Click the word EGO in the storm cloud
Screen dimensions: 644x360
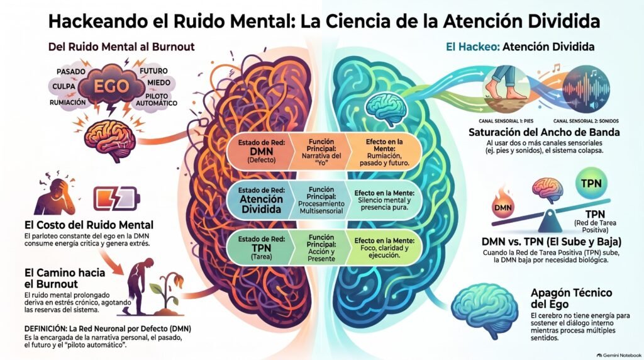point(111,86)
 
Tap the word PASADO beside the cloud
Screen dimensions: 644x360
point(71,72)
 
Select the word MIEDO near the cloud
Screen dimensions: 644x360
point(159,82)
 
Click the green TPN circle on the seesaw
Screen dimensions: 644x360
point(591,183)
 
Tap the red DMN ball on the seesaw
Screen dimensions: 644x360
point(503,208)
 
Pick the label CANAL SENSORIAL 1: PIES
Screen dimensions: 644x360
point(506,121)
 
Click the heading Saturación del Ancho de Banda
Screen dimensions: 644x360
point(544,132)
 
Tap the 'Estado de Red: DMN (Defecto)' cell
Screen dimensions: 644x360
point(261,151)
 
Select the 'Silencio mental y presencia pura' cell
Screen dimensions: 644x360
point(384,200)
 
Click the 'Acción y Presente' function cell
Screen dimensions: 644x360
point(321,248)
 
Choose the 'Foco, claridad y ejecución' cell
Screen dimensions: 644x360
point(384,248)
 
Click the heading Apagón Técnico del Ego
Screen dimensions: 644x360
point(571,298)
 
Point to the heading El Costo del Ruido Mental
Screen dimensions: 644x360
point(89,225)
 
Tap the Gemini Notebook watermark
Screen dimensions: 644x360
point(619,355)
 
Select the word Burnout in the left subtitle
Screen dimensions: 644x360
point(173,47)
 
